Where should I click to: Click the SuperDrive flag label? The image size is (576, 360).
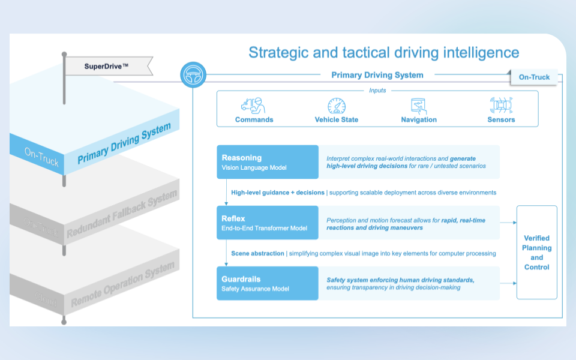tap(106, 65)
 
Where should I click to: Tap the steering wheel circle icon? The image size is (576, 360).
tap(193, 75)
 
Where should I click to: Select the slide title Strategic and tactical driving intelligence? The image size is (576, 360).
tap(384, 52)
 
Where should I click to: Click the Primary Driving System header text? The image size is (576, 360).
tap(377, 75)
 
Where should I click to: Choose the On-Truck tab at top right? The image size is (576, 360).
tap(534, 77)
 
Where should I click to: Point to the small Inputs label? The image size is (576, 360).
tap(377, 91)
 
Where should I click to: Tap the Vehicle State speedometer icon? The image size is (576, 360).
tap(337, 106)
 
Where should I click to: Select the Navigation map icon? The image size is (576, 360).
tap(419, 106)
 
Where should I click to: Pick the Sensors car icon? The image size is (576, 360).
tap(501, 106)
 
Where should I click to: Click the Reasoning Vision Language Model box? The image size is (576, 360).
tap(268, 162)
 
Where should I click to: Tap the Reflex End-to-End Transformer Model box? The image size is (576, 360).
tap(268, 223)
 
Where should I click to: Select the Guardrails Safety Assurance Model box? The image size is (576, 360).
tap(268, 283)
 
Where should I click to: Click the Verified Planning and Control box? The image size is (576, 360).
tap(537, 253)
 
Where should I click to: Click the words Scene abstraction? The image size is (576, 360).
tap(258, 253)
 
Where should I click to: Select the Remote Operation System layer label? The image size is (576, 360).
tap(122, 284)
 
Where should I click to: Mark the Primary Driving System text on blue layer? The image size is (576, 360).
tap(124, 143)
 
